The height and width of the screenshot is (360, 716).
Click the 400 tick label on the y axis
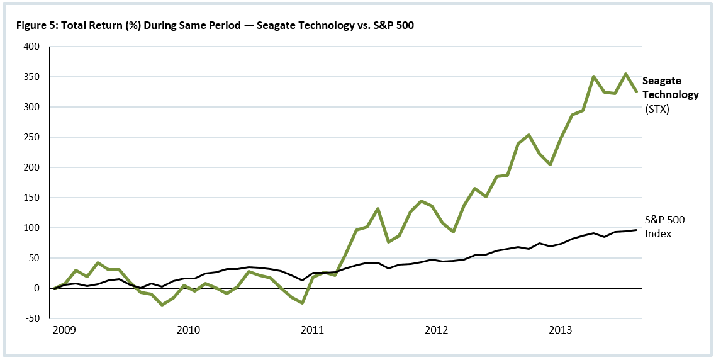pyautogui.click(x=31, y=47)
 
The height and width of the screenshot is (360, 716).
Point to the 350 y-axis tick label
pyautogui.click(x=31, y=77)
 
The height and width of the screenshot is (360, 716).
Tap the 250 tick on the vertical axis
pyautogui.click(x=31, y=137)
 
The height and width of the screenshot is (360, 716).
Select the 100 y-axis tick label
pyautogui.click(x=31, y=228)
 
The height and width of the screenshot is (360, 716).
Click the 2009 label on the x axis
pyautogui.click(x=65, y=330)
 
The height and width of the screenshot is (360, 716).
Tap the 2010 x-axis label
pyautogui.click(x=188, y=330)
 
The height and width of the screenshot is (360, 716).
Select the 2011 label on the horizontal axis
pyautogui.click(x=313, y=330)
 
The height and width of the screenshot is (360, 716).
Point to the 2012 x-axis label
pyautogui.click(x=437, y=330)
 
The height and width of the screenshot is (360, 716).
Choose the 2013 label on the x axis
pyautogui.click(x=561, y=330)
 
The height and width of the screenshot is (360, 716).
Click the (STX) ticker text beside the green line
pyautogui.click(x=657, y=109)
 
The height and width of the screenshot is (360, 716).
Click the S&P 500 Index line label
pyautogui.click(x=664, y=227)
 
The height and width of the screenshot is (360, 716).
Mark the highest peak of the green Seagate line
pyautogui.click(x=625, y=74)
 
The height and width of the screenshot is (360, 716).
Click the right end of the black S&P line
pyautogui.click(x=637, y=230)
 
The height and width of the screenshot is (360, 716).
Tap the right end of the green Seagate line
pyautogui.click(x=637, y=92)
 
